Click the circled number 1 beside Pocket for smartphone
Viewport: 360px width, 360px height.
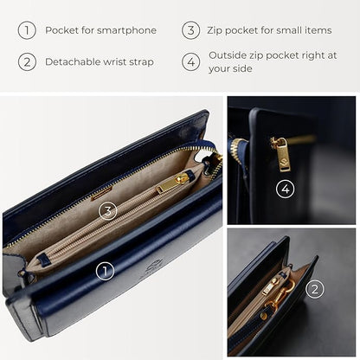click(x=27, y=30)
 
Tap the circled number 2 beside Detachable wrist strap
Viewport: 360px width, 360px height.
click(x=27, y=62)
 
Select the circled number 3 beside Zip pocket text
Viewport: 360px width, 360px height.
click(x=190, y=30)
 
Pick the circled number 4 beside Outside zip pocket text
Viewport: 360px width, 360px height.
click(x=190, y=61)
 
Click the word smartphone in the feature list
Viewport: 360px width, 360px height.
click(x=126, y=30)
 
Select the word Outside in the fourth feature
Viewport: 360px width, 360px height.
click(x=228, y=55)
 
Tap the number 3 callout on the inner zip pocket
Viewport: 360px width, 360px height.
click(x=106, y=210)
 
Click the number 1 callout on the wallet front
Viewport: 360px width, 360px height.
click(x=105, y=271)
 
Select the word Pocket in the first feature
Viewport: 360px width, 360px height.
click(x=60, y=30)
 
